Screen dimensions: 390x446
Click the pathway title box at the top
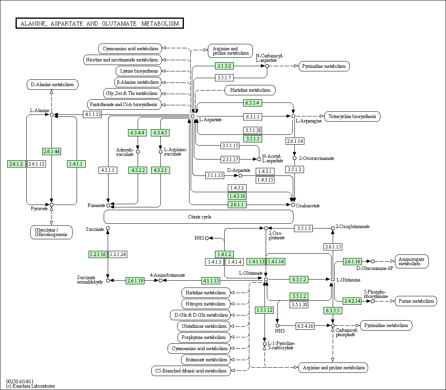[99, 24]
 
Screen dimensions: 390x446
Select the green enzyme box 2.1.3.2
[225, 65]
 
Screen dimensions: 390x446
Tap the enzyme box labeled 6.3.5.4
[253, 103]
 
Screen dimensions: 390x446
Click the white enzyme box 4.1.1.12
[93, 114]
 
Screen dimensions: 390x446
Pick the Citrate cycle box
[199, 217]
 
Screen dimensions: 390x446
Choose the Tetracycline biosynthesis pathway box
[352, 116]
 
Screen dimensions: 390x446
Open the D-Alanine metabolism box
[52, 85]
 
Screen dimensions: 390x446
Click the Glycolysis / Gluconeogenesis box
[51, 232]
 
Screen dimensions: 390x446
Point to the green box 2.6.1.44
[51, 151]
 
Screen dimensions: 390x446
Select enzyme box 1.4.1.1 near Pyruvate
[77, 163]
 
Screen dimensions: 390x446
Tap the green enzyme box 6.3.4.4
[138, 132]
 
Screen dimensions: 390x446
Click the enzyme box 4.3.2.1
[161, 170]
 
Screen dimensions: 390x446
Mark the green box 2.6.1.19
[135, 281]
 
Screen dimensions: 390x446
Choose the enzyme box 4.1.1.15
[211, 280]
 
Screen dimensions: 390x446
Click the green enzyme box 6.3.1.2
[299, 280]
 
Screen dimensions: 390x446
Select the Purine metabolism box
[416, 301]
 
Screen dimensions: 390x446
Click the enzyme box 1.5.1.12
[264, 310]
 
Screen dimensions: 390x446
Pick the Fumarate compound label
[96, 205]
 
